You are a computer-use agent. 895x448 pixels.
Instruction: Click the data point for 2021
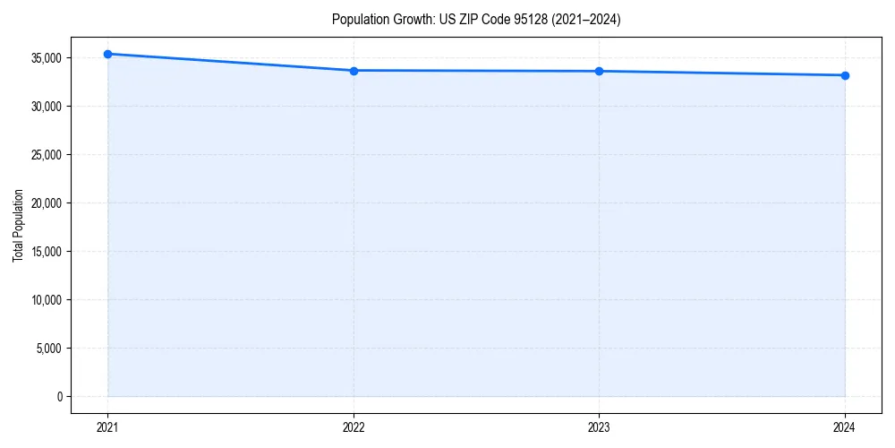tap(107, 54)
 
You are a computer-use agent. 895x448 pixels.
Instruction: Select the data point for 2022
tap(354, 71)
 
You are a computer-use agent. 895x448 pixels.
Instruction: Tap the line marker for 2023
tap(599, 71)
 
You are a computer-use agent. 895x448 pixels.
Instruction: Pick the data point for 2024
tap(845, 75)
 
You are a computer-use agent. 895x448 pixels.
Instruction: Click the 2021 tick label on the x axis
tap(107, 427)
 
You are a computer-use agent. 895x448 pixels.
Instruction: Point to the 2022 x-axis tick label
tap(354, 427)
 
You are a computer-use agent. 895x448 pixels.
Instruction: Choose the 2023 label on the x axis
tap(599, 427)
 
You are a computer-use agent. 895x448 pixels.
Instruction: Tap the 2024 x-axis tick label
tap(845, 427)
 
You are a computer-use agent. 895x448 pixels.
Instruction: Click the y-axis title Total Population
tap(18, 226)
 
